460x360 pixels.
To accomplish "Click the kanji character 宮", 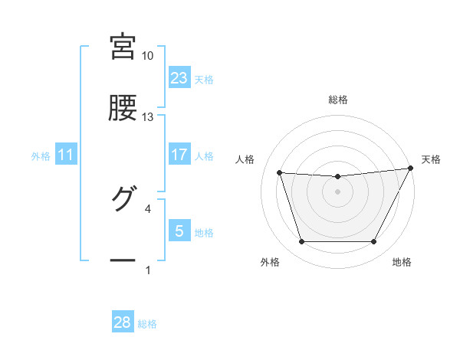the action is (123, 47).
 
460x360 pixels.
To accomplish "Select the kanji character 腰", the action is (123, 108).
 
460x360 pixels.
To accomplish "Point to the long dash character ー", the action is (123, 261).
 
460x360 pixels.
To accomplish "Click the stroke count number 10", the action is (148, 56).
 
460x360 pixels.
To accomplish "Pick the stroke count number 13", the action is (148, 116).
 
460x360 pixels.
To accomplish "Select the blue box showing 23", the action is (179, 78).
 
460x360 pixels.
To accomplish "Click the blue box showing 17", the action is (179, 155).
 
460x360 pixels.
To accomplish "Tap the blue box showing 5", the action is (179, 231).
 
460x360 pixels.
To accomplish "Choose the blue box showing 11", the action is (66, 155).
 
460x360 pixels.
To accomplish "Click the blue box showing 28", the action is (122, 322).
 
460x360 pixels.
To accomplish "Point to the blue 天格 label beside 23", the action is (203, 80).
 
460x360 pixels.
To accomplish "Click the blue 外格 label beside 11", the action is (41, 156).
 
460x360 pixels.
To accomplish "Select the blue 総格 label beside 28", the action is (147, 324).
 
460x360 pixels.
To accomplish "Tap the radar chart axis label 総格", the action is (337, 100).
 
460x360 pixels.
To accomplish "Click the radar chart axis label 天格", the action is (431, 159).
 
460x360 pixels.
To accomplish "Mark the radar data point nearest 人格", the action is (280, 173).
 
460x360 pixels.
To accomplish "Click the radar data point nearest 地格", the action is (373, 242).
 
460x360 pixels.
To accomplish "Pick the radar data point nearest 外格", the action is (301, 242).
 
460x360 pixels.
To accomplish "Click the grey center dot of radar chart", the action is (337, 191).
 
